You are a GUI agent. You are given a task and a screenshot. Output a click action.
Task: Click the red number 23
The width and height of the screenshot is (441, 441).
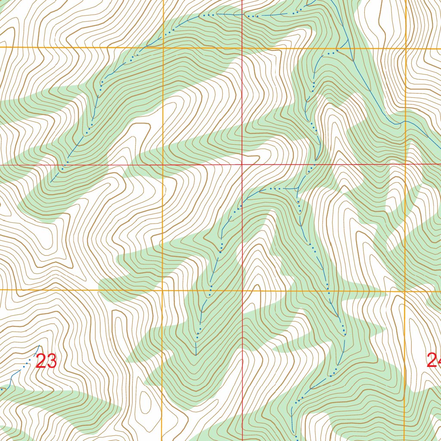coord(46,361)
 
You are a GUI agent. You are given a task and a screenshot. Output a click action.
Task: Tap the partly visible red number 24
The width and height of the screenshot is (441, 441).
coord(434,360)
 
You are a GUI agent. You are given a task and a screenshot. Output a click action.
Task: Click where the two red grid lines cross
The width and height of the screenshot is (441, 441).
coord(242,165)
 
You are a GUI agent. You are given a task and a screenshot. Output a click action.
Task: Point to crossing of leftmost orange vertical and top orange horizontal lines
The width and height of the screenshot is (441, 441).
coord(163,47)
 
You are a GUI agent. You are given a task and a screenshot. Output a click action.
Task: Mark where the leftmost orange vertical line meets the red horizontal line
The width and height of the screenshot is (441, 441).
coord(163,165)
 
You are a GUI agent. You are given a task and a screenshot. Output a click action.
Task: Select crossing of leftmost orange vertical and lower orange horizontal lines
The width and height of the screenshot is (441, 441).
coord(163,290)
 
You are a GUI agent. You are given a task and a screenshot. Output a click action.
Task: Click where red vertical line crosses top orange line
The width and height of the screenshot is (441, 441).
coord(242,48)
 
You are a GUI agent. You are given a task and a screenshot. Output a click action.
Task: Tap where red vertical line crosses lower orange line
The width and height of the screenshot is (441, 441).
coord(242,291)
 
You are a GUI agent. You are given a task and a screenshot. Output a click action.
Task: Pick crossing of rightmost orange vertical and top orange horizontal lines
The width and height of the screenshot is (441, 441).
coord(406,48)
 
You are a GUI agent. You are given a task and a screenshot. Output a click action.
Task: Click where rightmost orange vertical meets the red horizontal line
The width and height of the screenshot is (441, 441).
coord(406,165)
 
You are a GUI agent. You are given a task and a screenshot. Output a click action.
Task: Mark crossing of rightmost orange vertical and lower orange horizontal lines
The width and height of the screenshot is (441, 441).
coord(405,292)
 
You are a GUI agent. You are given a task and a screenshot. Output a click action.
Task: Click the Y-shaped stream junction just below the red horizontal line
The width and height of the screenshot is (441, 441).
coord(298,189)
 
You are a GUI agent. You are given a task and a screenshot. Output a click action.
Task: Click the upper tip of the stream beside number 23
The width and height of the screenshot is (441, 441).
coord(39,345)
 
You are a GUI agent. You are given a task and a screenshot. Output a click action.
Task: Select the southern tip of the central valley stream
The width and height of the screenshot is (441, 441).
coord(196,355)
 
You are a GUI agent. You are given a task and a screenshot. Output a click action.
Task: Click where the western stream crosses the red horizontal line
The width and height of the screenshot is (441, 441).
coord(65,165)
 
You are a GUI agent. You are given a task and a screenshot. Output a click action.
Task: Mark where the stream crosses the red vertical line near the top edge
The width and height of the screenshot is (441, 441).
coord(242,15)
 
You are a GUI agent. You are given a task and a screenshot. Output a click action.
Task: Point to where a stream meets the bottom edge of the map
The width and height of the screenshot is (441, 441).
coord(297,439)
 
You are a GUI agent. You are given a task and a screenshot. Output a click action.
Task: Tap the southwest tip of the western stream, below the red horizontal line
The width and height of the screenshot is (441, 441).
coord(50,182)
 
